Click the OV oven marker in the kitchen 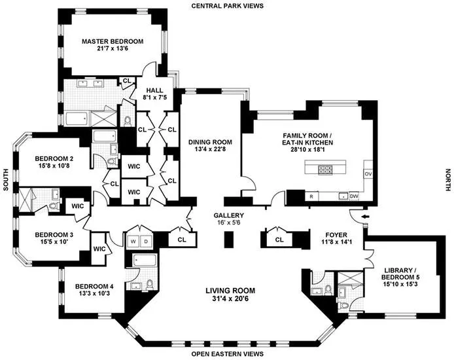point(367,174)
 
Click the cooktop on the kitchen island point(325,170)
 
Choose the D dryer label point(147,240)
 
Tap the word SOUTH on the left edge point(5,177)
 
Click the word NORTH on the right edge point(447,177)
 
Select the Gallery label point(228,215)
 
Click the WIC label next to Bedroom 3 point(100,249)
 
